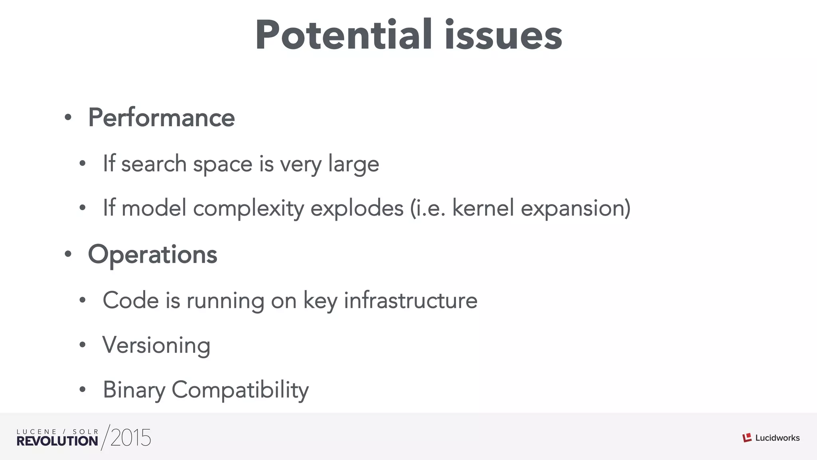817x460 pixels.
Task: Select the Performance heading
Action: [161, 118]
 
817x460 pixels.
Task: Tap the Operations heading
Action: [152, 254]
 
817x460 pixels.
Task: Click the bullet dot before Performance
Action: [68, 118]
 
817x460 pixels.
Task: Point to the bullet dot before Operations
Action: [68, 254]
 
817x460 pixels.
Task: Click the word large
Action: [353, 164]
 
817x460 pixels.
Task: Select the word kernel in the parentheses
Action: [483, 208]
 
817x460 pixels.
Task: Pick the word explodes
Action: [357, 208]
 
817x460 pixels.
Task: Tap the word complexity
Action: [248, 209]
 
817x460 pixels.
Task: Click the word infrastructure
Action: [410, 300]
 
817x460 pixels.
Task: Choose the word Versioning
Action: [156, 345]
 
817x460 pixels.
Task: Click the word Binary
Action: [134, 390]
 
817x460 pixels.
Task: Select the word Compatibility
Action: [240, 390]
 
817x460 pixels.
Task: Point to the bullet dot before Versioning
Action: [83, 345]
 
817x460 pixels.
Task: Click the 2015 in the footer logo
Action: [130, 438]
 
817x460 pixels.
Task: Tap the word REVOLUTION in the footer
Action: [57, 441]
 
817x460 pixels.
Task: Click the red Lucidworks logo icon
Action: [747, 438]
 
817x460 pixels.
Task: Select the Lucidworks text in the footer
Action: [778, 438]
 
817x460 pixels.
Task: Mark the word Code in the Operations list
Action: [131, 300]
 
